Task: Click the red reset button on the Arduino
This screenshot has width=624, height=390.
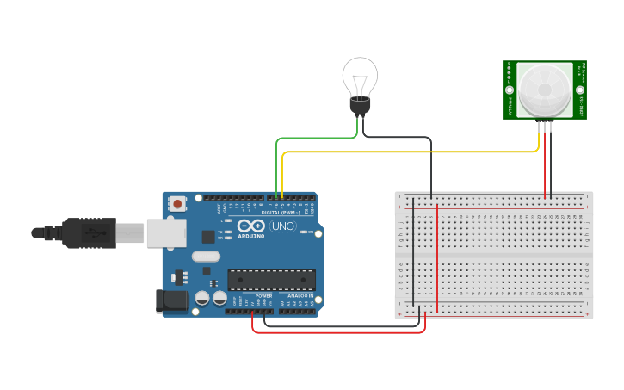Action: click(177, 204)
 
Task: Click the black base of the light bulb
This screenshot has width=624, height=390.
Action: click(360, 106)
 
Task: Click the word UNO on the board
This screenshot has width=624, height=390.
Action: click(283, 226)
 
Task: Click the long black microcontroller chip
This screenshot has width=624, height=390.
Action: click(271, 280)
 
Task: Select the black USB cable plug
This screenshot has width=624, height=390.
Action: click(86, 232)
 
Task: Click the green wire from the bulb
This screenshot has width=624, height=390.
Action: click(314, 138)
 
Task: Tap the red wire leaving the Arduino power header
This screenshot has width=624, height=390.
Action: click(336, 332)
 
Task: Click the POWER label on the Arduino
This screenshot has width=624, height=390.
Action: click(263, 296)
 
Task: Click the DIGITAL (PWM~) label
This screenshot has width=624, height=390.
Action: click(282, 212)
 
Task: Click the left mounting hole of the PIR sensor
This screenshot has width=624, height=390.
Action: click(510, 90)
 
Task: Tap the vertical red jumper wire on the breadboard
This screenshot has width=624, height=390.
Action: click(437, 258)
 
